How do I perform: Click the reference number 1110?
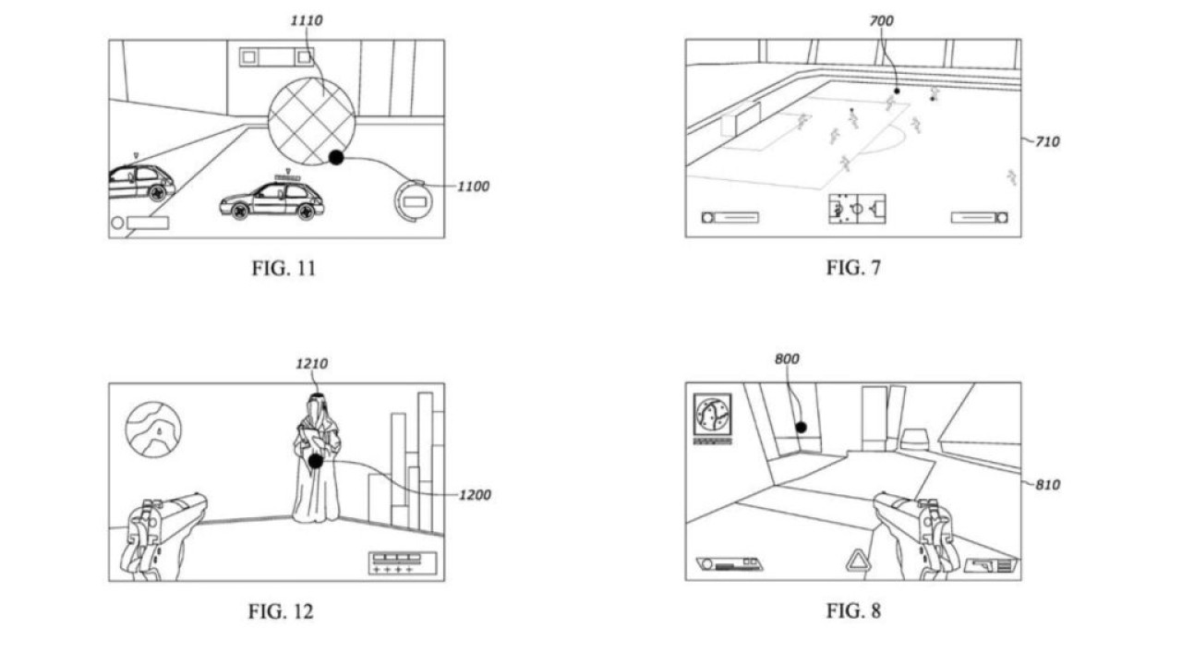(307, 20)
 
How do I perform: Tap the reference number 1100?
(473, 187)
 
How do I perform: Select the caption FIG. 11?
(283, 268)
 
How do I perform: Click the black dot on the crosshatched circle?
(336, 157)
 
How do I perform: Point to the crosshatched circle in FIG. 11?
(311, 121)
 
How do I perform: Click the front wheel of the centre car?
(239, 212)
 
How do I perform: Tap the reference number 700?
(881, 21)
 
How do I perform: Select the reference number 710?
(1047, 142)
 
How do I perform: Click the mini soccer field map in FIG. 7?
(857, 209)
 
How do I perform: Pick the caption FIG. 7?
(853, 268)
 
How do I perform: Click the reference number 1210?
(312, 364)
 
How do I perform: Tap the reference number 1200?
(475, 495)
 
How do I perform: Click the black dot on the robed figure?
(316, 461)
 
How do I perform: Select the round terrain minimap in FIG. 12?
(153, 429)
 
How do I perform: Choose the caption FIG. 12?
(281, 611)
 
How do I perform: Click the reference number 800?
(787, 359)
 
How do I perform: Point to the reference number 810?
(1047, 485)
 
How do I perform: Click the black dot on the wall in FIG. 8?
(801, 428)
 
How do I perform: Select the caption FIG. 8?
(853, 611)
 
